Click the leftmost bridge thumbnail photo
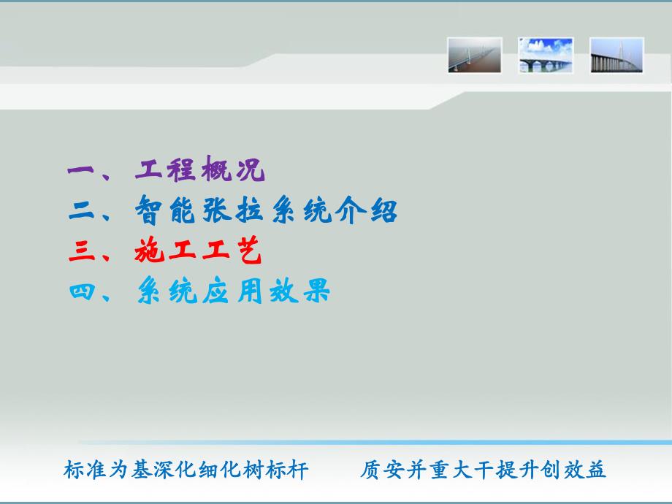(475, 56)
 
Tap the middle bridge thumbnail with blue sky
(546, 56)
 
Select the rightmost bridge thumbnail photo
(616, 56)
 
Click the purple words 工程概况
(199, 172)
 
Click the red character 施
(150, 253)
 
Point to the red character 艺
(248, 253)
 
